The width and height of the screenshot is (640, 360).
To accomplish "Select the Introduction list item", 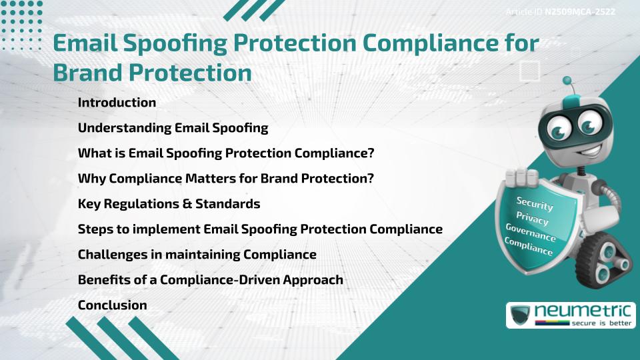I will tap(117, 103).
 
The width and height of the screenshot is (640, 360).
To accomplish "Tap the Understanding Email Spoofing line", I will tap(173, 128).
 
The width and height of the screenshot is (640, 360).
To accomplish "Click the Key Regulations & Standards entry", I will tap(169, 204).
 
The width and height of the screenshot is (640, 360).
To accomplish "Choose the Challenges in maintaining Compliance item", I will tap(197, 255).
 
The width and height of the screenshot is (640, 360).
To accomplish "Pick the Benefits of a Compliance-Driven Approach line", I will tap(210, 280).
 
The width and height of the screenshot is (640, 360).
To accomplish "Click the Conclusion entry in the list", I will tap(112, 305).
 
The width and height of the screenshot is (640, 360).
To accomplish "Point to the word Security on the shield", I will tap(535, 203).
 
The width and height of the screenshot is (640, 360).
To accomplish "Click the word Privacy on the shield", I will tap(532, 218).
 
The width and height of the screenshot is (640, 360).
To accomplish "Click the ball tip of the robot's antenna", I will tap(567, 81).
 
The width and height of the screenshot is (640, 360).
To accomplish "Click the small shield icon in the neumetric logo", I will tap(519, 315).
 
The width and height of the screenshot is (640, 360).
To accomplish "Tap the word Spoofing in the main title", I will tap(178, 43).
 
